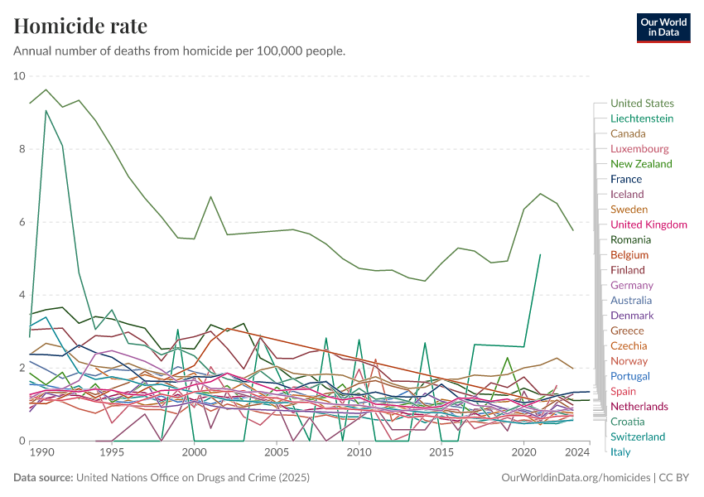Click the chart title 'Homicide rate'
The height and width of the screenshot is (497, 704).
80,26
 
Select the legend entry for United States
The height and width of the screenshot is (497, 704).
642,104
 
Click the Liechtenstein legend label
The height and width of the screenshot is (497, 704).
642,118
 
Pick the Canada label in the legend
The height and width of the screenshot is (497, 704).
628,133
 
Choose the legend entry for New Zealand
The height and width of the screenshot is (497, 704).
641,164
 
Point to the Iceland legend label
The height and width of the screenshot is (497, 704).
627,195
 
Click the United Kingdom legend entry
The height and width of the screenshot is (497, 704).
649,224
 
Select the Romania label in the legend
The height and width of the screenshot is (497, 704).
630,239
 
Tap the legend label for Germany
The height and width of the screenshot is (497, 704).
632,285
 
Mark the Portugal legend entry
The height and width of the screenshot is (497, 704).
630,376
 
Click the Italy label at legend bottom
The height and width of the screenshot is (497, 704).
620,451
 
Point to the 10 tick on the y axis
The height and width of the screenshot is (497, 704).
20,76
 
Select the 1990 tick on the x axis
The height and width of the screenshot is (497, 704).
41,453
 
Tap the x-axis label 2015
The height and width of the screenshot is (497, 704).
442,453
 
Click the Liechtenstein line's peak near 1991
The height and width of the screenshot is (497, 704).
46,110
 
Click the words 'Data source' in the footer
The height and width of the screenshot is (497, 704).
43,478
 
